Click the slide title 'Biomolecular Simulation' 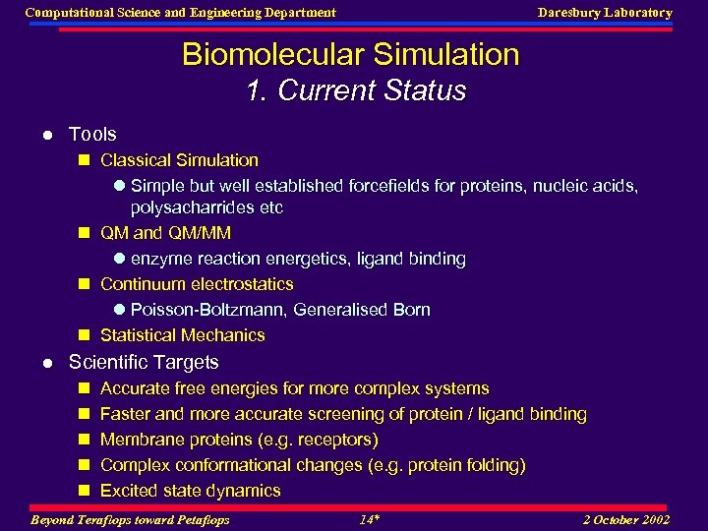(x=350, y=54)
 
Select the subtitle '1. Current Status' (x=355, y=90)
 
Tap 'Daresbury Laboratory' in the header (x=605, y=13)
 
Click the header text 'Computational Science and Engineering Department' (x=180, y=13)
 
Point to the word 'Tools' (x=92, y=134)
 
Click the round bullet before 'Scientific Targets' (x=47, y=363)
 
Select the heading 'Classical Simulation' (x=179, y=160)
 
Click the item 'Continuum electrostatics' (x=197, y=284)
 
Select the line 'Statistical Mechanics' (x=182, y=335)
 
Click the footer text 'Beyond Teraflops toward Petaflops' (x=130, y=519)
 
